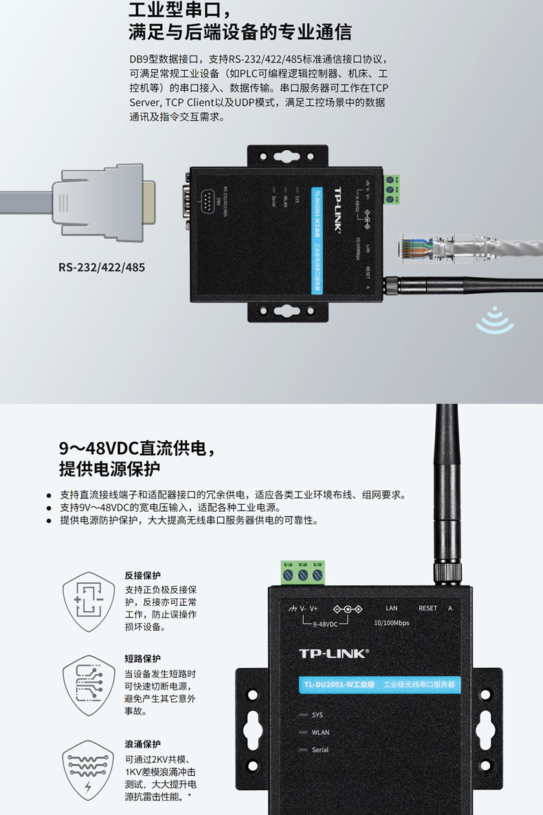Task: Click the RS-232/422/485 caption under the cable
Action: [102, 266]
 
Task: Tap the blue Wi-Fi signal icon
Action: [495, 320]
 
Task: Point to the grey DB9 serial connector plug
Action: [103, 202]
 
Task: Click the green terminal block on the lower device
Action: [302, 573]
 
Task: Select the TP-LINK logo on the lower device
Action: [333, 653]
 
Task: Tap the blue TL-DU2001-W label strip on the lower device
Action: [380, 685]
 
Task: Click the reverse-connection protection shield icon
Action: [89, 602]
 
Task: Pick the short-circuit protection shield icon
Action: [89, 684]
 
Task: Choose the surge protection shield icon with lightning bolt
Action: [89, 769]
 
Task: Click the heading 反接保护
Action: [142, 576]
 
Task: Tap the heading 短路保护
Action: [142, 659]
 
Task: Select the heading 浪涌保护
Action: [142, 743]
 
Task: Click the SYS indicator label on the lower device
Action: [317, 715]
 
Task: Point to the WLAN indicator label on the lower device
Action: [320, 732]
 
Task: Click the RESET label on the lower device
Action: [428, 608]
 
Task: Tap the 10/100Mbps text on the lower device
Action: [391, 623]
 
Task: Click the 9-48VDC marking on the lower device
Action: [325, 624]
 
